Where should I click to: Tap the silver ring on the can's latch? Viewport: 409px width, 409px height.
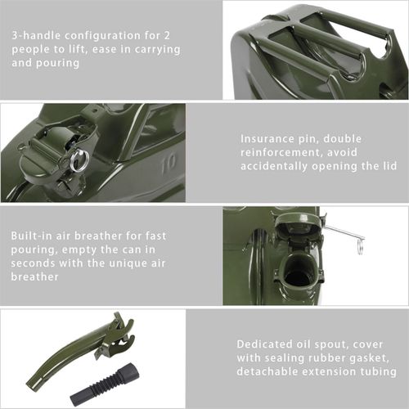point(79,160)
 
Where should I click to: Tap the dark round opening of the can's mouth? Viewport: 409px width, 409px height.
point(298,276)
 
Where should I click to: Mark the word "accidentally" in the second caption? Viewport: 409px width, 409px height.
point(278,165)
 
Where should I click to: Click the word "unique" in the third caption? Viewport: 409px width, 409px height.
point(125,263)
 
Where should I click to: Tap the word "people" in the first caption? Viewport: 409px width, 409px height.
point(32,50)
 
